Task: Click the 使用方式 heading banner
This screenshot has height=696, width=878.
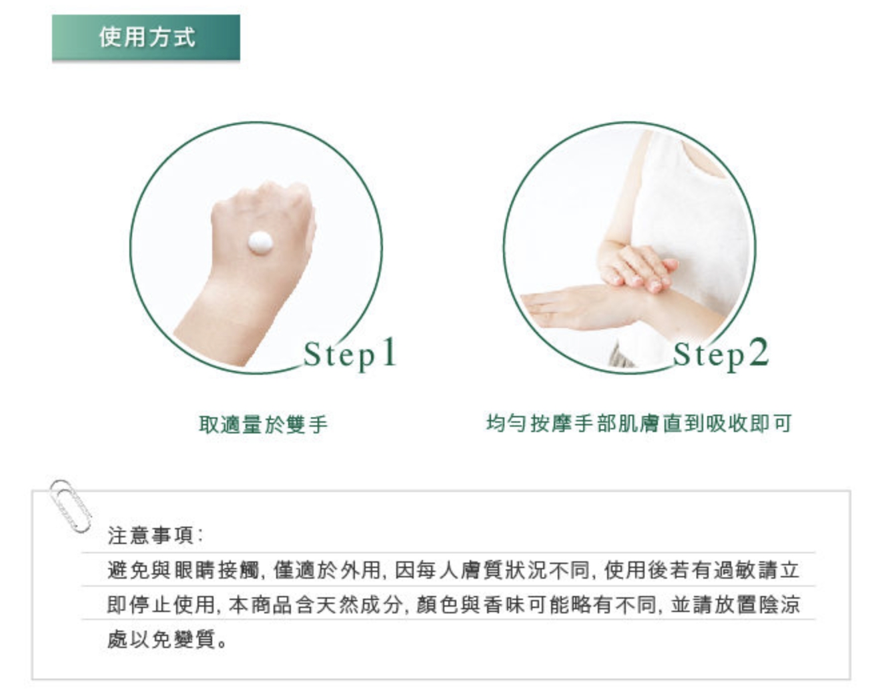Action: coord(145,37)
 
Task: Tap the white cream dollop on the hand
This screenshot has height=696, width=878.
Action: coord(260,243)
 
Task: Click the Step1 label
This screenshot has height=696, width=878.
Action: coord(350,353)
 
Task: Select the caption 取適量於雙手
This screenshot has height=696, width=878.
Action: coord(263,424)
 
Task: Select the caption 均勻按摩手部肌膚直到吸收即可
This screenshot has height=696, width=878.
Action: coord(639,423)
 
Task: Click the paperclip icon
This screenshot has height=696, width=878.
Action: coord(70,506)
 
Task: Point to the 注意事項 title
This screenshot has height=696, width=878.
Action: coord(155,535)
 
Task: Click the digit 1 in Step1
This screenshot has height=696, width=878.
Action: coord(389,352)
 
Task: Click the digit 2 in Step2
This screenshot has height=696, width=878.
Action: coord(759,352)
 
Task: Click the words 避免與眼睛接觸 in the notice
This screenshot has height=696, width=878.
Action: coord(183,569)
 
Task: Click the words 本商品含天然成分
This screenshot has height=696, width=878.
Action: coord(316,604)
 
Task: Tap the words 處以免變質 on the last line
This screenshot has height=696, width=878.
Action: coord(161,639)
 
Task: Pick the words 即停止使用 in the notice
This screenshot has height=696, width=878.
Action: coord(161,604)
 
